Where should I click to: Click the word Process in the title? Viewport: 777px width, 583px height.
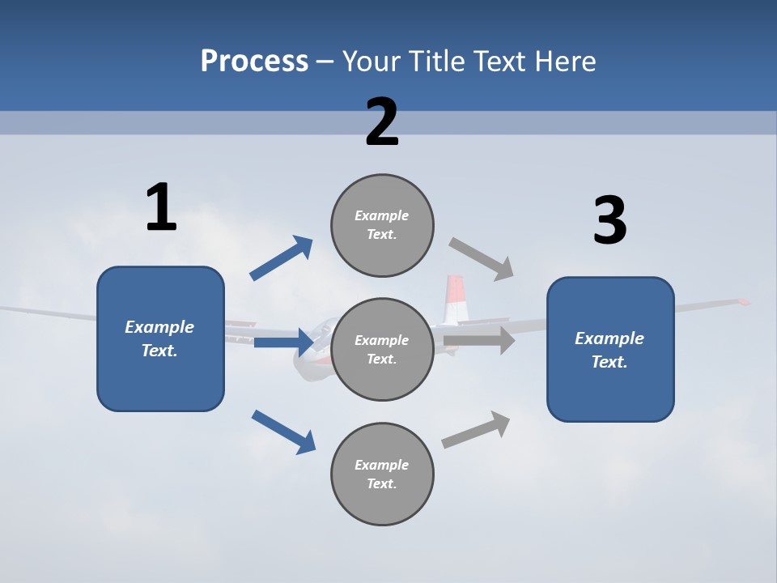pos(254,62)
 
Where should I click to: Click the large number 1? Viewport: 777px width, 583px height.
pos(161,207)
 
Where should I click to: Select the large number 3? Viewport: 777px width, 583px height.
pos(609,221)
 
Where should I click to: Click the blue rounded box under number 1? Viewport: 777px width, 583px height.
pos(160,338)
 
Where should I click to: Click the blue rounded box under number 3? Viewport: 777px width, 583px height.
pos(610,350)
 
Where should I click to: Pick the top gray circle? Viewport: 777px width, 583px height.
pos(382,225)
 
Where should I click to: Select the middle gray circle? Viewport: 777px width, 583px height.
pos(382,349)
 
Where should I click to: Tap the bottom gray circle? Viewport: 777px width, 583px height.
pos(382,474)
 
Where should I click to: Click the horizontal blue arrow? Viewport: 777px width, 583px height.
pos(283,343)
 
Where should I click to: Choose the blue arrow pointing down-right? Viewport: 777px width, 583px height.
pos(283,432)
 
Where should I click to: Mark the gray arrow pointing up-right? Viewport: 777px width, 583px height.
pos(476,430)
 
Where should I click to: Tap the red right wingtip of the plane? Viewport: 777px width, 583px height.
pos(743,302)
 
